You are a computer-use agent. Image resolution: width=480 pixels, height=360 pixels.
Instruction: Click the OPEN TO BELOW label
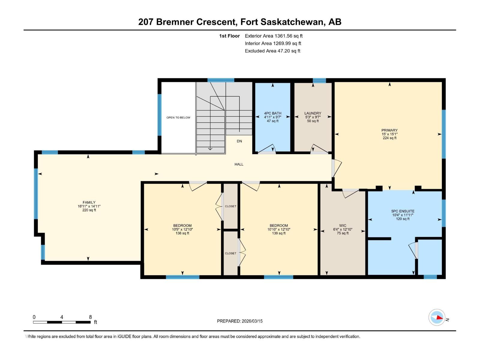click(x=178, y=118)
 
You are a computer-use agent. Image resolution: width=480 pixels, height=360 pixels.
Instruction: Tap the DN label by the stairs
click(x=239, y=141)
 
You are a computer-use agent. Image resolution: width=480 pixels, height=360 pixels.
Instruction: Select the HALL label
click(x=239, y=164)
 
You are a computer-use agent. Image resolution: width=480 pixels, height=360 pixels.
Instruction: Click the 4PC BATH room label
click(x=272, y=113)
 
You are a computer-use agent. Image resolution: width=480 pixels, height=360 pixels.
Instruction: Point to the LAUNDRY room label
click(x=313, y=113)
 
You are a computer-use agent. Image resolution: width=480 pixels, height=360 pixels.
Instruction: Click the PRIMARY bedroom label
click(x=389, y=130)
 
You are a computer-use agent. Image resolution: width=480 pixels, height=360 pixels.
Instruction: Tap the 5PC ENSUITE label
click(x=403, y=211)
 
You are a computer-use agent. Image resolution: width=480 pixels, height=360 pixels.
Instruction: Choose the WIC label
click(x=343, y=226)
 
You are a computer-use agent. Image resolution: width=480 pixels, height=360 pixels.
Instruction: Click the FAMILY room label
click(x=89, y=202)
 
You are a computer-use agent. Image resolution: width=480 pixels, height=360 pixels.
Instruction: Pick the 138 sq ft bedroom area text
click(x=182, y=233)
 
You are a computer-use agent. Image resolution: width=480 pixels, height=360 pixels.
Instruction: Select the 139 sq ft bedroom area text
click(x=279, y=233)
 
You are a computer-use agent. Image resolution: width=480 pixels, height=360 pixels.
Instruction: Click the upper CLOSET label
click(x=230, y=206)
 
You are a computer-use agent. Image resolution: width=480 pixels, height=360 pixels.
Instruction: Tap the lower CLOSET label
click(x=230, y=253)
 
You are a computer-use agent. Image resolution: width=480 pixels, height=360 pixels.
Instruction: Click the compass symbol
click(x=437, y=317)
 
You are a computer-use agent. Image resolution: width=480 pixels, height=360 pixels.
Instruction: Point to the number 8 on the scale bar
click(x=90, y=317)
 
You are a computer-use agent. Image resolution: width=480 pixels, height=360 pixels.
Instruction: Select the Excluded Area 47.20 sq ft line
click(x=272, y=51)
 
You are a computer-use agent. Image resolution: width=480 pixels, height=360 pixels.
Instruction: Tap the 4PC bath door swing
click(x=267, y=148)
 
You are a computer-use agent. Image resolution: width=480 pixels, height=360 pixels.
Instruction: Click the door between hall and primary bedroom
click(x=336, y=168)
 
